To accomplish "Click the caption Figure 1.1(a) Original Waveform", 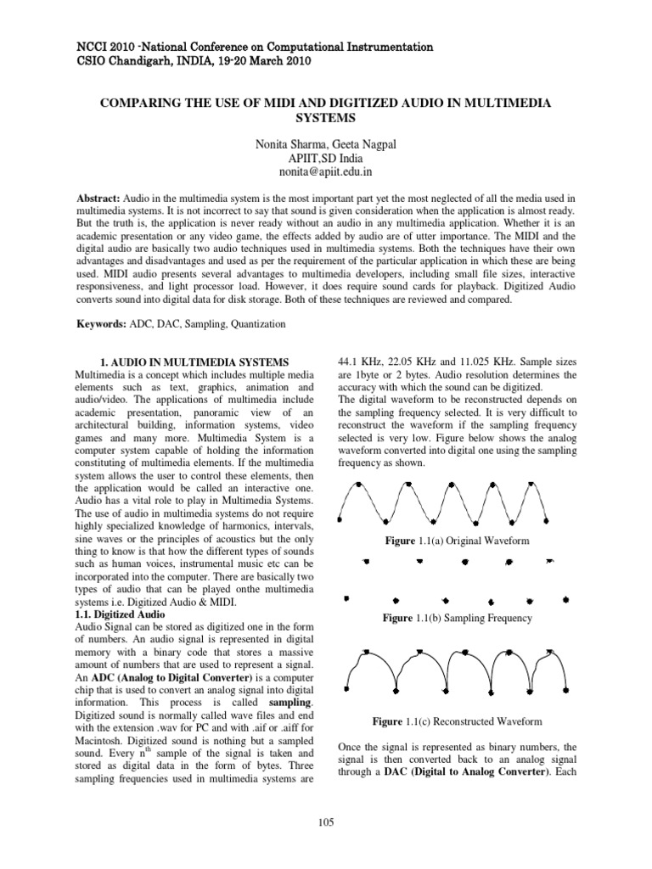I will click(457, 541).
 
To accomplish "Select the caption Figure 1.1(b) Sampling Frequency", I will click(457, 618).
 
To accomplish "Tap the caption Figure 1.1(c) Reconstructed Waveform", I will click(457, 721).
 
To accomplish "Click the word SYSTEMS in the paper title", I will click(326, 118).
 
